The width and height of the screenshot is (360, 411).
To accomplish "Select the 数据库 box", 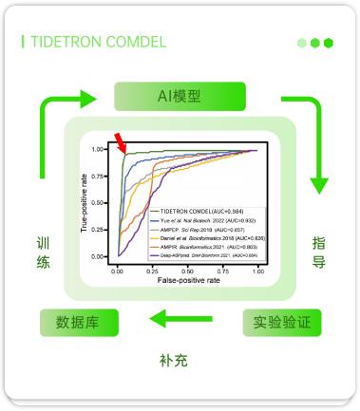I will tap(77, 322).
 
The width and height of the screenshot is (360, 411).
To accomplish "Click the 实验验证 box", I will tap(281, 322).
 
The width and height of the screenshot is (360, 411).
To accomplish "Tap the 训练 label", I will tap(43, 252).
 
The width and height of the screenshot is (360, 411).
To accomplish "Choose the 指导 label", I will tap(319, 252).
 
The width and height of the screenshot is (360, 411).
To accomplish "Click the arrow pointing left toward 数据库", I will tap(180, 321).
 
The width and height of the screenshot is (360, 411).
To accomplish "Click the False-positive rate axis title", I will tap(187, 281).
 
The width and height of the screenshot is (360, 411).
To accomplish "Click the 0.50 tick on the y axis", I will tap(99, 203).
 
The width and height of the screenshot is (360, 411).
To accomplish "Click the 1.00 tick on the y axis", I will tap(99, 150).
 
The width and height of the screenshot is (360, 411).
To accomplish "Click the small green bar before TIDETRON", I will tap(23, 43).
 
